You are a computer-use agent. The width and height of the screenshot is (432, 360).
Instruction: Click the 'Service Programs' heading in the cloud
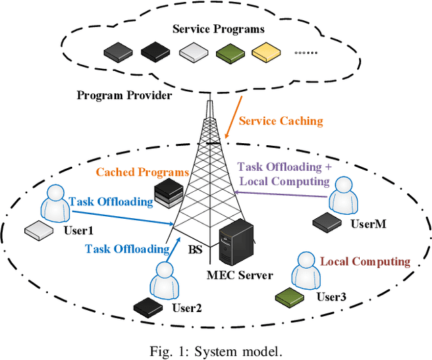(x=217, y=29)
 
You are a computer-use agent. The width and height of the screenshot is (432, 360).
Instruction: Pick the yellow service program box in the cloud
(x=263, y=51)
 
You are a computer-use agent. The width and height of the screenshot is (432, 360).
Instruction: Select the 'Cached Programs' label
(x=142, y=172)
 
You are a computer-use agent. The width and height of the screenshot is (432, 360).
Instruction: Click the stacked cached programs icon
(x=167, y=194)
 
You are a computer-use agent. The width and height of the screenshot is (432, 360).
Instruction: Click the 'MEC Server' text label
(x=240, y=275)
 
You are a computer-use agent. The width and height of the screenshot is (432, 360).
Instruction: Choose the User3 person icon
(x=303, y=271)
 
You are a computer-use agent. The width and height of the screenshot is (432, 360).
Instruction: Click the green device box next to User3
(x=288, y=295)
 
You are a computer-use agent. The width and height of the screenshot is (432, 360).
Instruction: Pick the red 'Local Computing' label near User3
(x=364, y=261)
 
